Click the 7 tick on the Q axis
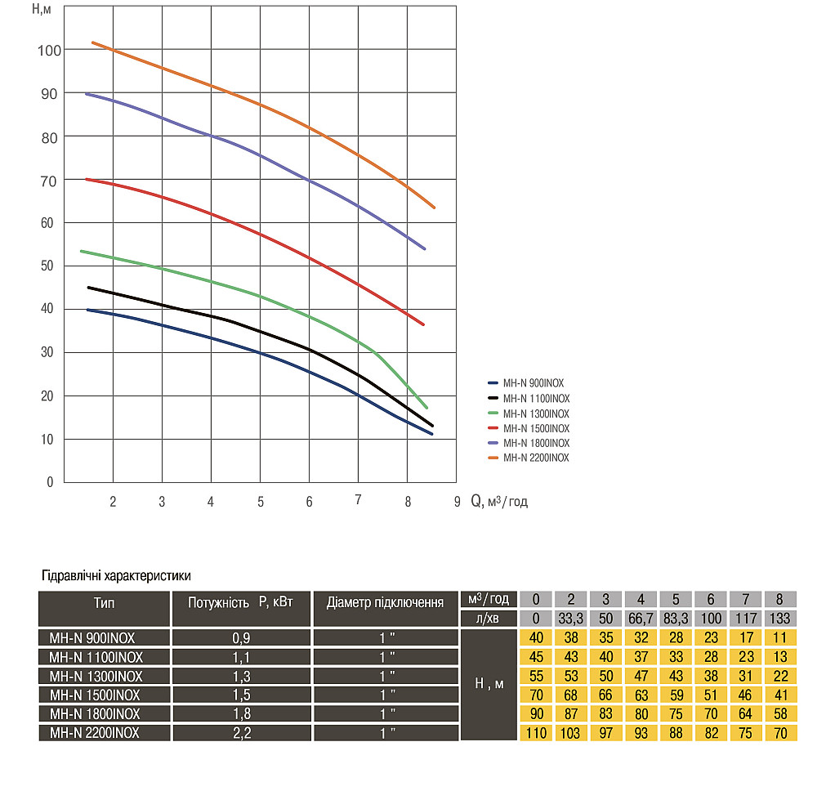pos(358,501)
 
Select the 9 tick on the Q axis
pos(457,502)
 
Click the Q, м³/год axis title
pos(498,502)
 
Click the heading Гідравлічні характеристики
pos(115,576)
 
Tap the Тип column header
pos(104,604)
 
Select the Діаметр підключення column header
pos(385,603)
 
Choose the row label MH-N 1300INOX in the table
pos(96,676)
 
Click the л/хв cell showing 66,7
pos(641,619)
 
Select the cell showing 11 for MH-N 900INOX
pos(779,638)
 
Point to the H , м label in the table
pos(488,684)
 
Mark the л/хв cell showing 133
pos(779,619)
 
